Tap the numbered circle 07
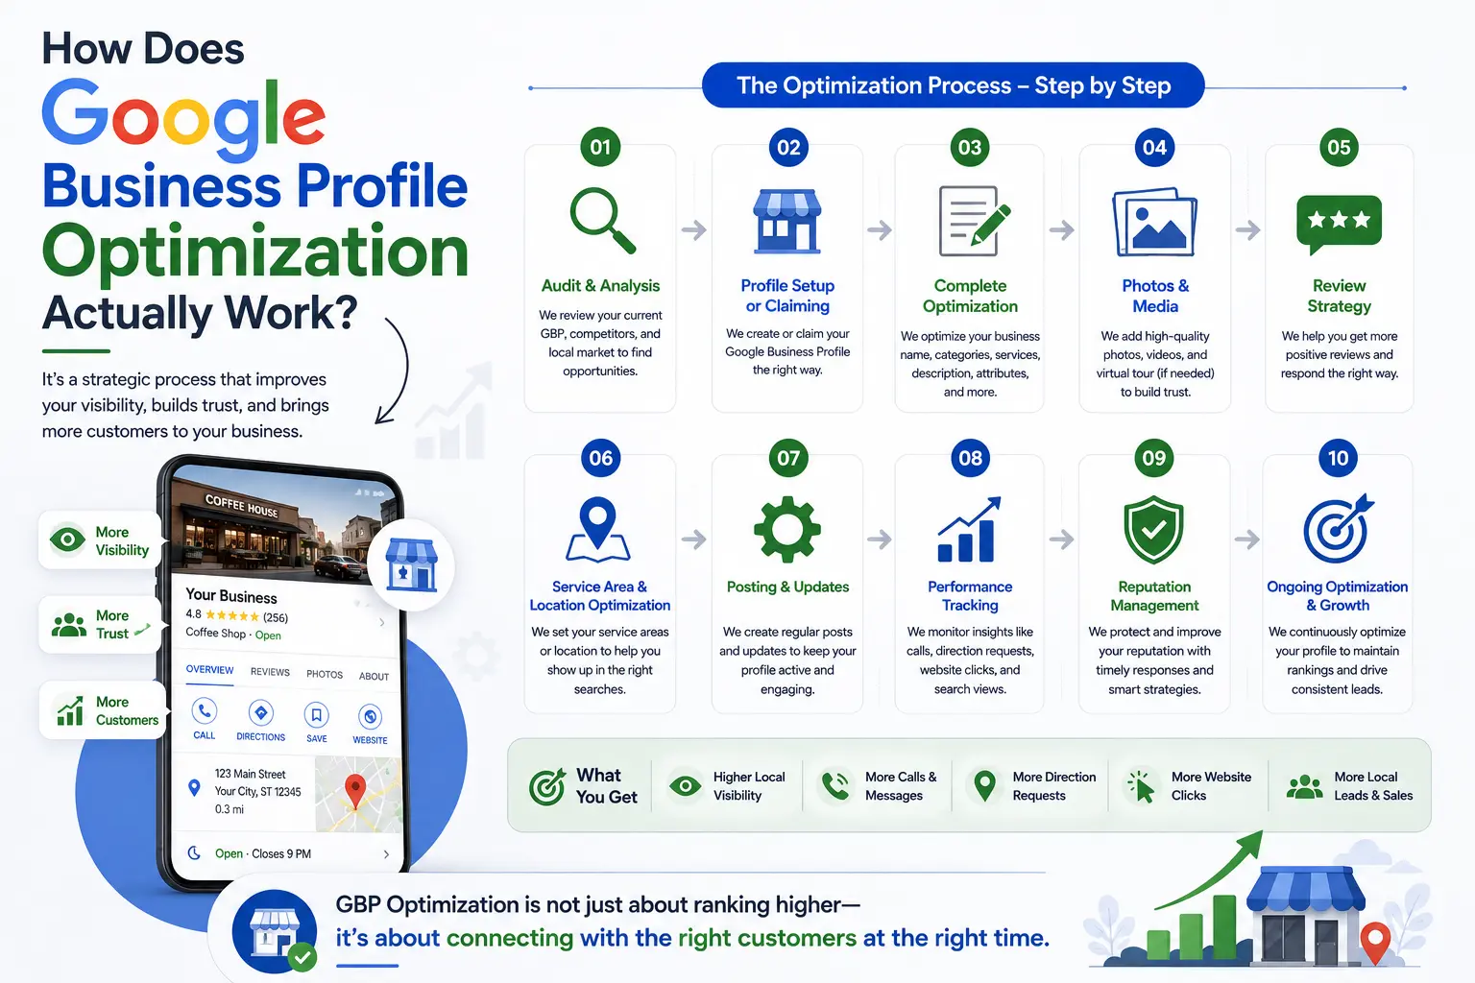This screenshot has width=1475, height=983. [x=787, y=458]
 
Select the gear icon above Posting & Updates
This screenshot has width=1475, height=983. [x=787, y=529]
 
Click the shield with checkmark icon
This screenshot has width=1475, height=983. [x=1153, y=529]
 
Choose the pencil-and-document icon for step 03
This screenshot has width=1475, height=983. [x=973, y=221]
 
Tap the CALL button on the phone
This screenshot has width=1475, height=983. [x=205, y=719]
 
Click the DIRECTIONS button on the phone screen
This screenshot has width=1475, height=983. [x=261, y=720]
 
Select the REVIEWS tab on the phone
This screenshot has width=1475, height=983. [x=270, y=672]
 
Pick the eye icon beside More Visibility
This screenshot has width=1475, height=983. [x=68, y=539]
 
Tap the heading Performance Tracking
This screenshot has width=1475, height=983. [x=970, y=596]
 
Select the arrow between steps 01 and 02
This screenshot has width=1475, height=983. [x=694, y=229]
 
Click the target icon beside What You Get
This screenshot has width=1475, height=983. [x=547, y=786]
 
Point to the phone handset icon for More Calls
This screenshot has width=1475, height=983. [x=835, y=786]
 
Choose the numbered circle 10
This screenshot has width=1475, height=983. [x=1338, y=458]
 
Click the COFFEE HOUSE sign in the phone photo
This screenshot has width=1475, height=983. [x=242, y=506]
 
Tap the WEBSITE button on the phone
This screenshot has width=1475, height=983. [x=370, y=724]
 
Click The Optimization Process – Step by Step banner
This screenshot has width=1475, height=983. [x=954, y=84]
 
